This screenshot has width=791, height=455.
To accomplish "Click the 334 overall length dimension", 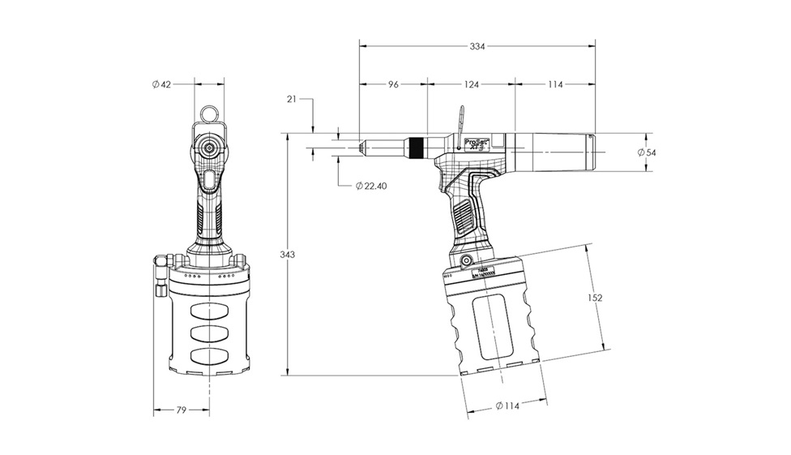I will click(477, 46).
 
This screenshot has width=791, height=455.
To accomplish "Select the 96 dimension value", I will click(394, 84).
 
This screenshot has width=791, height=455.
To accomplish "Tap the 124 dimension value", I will click(472, 84).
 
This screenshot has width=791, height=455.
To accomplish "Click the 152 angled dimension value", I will click(594, 298).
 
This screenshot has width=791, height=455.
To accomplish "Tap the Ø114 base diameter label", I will click(506, 406).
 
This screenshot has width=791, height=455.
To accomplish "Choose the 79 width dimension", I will click(181, 410).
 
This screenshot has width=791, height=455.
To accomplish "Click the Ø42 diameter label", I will click(161, 85).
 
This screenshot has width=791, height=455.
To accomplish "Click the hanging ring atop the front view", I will click(209, 113).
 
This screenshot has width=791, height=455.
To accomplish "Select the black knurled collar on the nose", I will click(416, 148).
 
